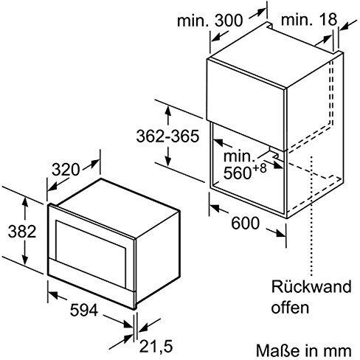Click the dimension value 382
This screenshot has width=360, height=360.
pos(22,232)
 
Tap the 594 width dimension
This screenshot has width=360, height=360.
pos(84,310)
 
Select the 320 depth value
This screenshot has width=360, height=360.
pos(66,170)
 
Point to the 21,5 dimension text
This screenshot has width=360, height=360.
pos(156,346)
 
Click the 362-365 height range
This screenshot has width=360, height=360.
pos(167,136)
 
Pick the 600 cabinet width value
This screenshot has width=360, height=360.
pos(246,223)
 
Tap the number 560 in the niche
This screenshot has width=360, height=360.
pos(237,173)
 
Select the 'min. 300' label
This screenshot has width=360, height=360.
pos(210,21)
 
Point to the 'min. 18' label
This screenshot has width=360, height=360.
pos(309,19)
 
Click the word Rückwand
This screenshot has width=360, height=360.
pos(311,286)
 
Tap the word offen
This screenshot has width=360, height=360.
pos(290,308)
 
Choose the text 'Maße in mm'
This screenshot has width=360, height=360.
pos(303,350)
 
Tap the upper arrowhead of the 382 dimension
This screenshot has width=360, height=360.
pos(24,202)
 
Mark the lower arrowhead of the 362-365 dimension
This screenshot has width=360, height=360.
pos(168,160)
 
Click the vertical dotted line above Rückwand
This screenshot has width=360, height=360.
pos(312,216)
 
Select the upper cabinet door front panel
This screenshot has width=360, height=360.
pos(246,105)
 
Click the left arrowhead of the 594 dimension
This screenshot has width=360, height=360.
pos(53,294)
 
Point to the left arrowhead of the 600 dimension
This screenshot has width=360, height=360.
pos(214,208)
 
